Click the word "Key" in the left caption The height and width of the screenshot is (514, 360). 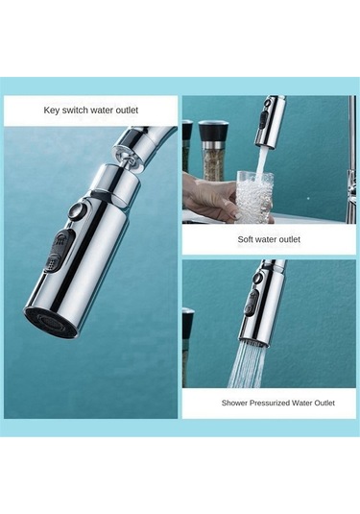pyautogui.click(x=52, y=110)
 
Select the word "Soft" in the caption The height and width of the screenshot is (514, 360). pyautogui.click(x=245, y=239)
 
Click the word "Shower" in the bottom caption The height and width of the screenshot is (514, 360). pyautogui.click(x=234, y=403)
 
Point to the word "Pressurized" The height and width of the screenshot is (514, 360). pyautogui.click(x=270, y=403)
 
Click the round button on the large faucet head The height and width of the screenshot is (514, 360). pyautogui.click(x=77, y=210)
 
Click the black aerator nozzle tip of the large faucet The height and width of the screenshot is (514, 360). pyautogui.click(x=46, y=322)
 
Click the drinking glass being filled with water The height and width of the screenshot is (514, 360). pyautogui.click(x=254, y=196)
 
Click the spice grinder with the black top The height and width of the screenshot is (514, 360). pyautogui.click(x=213, y=150)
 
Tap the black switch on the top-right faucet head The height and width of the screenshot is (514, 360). pyautogui.click(x=263, y=120)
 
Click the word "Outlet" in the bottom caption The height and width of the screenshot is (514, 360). pyautogui.click(x=324, y=403)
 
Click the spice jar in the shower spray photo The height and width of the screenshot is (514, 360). pyautogui.click(x=188, y=348)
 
